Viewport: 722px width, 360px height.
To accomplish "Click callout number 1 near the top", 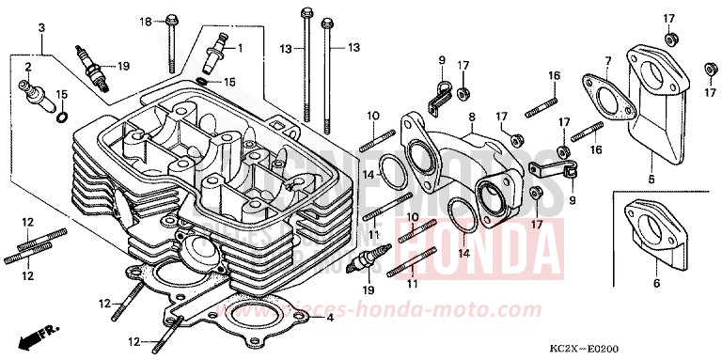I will coord(239,47).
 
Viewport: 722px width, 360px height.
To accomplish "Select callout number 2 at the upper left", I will coord(28,67).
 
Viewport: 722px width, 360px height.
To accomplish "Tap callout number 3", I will coord(42,29).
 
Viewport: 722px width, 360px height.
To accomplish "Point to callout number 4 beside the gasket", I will coord(329,318).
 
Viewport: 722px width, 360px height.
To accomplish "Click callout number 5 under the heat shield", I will coord(651,179).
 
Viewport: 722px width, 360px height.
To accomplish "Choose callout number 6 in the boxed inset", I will coord(655,281).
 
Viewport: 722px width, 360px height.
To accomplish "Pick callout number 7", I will coord(608,61).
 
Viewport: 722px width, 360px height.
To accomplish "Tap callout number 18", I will coord(146,22).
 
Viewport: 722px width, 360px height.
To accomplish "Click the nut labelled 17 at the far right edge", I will coord(710,68).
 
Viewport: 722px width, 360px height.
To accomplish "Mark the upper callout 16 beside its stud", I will coord(555,76).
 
